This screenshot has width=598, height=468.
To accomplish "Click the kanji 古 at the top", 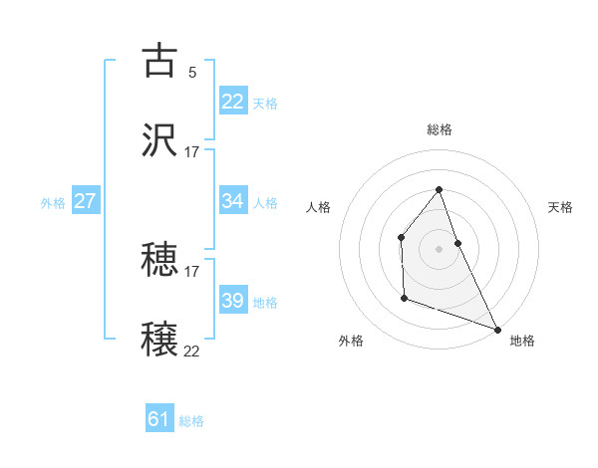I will [x=160, y=61].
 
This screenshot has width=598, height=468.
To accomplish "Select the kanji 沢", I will [x=160, y=140].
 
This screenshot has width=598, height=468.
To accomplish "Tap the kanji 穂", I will [x=160, y=260].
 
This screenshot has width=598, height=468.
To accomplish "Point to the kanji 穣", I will [x=160, y=340].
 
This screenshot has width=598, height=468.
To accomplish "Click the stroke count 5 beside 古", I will [x=191, y=72].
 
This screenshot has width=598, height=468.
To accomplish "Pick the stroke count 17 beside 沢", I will [x=192, y=151].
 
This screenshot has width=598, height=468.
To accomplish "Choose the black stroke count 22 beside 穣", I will [x=192, y=351].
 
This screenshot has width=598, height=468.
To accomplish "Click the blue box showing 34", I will [x=233, y=201].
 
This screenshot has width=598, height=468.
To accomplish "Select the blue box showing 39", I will [x=233, y=301].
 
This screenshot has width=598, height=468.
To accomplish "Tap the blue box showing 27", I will [x=85, y=201].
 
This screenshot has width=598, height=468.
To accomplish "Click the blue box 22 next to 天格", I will [x=233, y=102].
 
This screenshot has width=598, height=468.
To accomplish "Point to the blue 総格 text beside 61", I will [x=191, y=421].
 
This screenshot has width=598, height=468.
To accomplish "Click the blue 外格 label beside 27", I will [x=53, y=202].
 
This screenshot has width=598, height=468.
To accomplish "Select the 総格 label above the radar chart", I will [x=440, y=129].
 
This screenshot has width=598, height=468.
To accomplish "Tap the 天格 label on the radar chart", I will [x=560, y=207].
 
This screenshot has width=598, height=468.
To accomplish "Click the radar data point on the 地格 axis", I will [x=496, y=329].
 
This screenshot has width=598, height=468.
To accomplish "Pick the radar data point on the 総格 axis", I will [x=440, y=189].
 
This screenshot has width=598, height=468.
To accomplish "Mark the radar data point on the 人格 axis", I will [x=401, y=237].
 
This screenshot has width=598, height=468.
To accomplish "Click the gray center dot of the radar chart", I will [x=440, y=249].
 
